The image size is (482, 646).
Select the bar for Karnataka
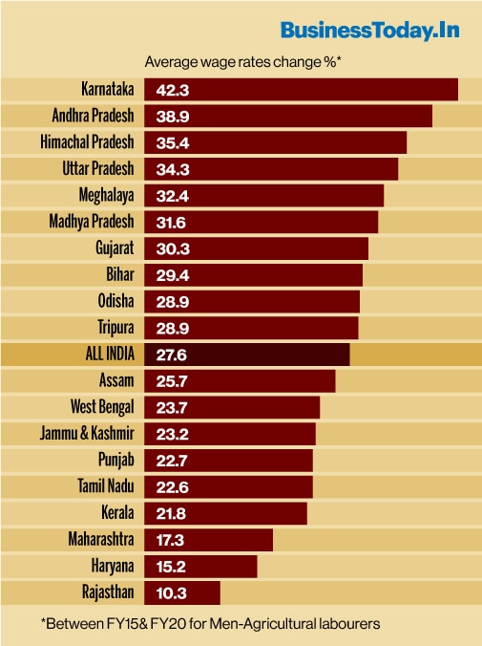301,90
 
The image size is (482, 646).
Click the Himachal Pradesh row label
87,142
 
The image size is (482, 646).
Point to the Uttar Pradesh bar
271,169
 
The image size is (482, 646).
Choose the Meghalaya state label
106,195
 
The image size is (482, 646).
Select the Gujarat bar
256,248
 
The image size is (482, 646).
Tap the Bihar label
120,274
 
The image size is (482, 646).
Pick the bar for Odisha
252,301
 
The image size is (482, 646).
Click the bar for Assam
240,380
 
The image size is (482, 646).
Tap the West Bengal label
102,407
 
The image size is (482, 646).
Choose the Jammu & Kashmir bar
229,434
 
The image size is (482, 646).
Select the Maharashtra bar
208,540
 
